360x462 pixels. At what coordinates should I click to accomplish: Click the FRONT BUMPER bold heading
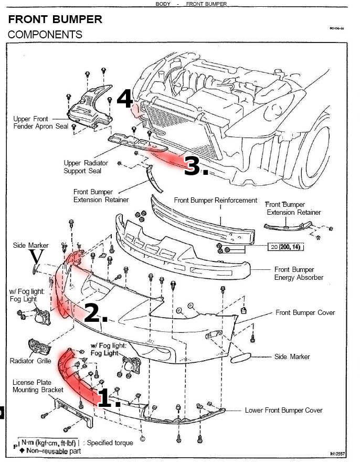click(x=55, y=20)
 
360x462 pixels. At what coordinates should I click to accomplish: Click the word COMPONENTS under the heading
click(x=45, y=35)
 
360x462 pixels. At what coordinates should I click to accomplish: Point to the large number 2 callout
click(x=96, y=313)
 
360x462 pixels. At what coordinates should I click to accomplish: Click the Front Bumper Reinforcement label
click(x=216, y=200)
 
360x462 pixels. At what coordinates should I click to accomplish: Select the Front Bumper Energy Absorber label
click(x=299, y=273)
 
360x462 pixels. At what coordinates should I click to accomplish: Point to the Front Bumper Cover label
click(x=305, y=313)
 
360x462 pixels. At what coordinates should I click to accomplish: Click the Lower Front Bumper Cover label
click(x=283, y=410)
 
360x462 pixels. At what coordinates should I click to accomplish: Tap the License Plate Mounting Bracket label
click(x=38, y=386)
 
